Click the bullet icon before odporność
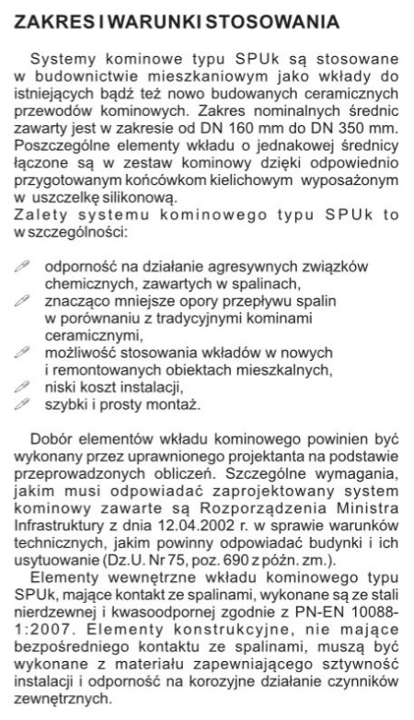point(24,265)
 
